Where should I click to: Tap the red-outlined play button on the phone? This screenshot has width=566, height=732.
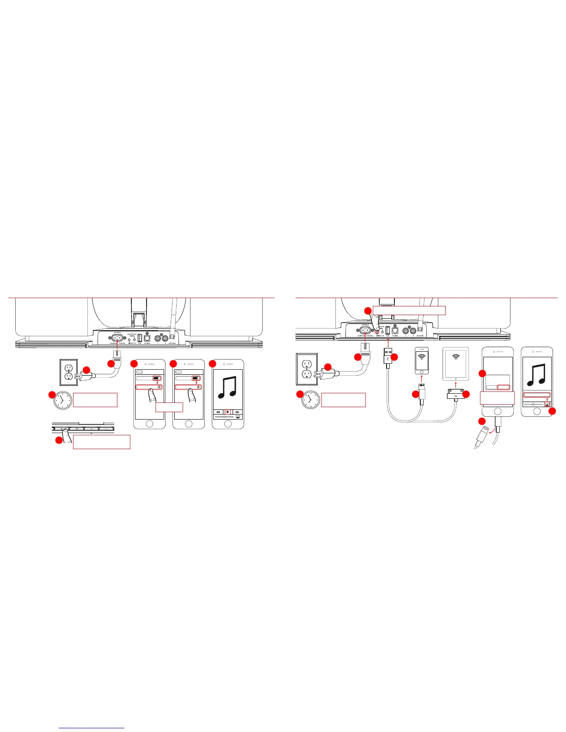pos(228,412)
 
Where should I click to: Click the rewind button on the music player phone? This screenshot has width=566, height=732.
pos(218,412)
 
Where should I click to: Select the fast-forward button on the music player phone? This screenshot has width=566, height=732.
pos(237,412)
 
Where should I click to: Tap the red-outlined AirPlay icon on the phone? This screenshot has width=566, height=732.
pos(548,403)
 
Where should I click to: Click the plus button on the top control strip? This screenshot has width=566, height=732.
pos(92,429)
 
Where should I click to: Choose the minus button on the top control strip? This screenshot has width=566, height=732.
pos(106,429)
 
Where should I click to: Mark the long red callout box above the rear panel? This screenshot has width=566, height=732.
pos(409,310)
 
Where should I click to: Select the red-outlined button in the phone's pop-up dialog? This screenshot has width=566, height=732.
pos(504,387)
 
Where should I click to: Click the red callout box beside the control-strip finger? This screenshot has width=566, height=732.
pos(101,441)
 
